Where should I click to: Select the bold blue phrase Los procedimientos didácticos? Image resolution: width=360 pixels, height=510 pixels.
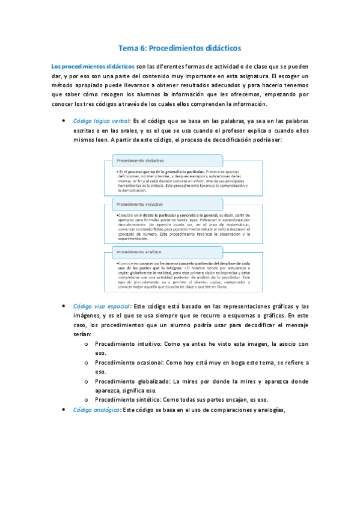click(x=93, y=66)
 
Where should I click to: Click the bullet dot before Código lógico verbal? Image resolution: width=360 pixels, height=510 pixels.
click(x=64, y=120)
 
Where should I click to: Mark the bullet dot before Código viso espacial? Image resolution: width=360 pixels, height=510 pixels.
click(x=64, y=306)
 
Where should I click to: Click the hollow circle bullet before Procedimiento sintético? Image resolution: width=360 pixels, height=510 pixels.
click(x=87, y=400)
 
